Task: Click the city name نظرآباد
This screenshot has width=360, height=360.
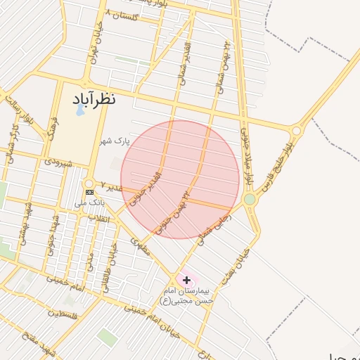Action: pyautogui.click(x=94, y=100)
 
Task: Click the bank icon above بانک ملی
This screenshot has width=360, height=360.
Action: pyautogui.click(x=89, y=192)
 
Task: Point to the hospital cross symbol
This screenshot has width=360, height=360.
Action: pyautogui.click(x=186, y=280)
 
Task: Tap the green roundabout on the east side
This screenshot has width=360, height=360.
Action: pyautogui.click(x=250, y=200)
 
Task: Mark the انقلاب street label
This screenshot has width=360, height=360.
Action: pyautogui.click(x=96, y=219)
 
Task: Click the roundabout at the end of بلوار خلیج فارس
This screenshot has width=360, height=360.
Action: pyautogui.click(x=296, y=131)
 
